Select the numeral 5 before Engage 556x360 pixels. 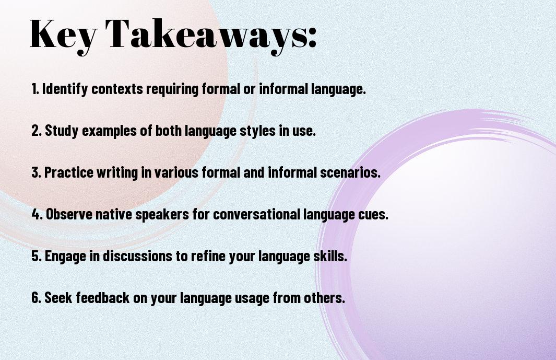point(35,257)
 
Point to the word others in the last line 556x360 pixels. point(328,298)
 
